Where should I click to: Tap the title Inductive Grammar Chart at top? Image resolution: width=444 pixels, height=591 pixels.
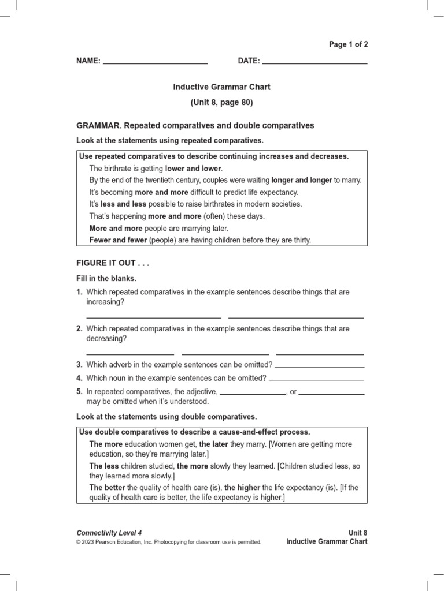click(222, 87)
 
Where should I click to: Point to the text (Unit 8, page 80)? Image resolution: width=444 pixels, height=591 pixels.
click(222, 103)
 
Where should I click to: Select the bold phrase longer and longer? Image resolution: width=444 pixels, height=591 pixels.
click(301, 180)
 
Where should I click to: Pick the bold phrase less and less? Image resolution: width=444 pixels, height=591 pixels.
click(124, 204)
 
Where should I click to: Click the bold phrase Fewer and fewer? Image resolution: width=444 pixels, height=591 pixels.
click(117, 240)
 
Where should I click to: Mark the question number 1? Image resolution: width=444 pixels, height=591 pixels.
click(80, 292)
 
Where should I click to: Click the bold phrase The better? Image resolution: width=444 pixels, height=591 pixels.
click(108, 488)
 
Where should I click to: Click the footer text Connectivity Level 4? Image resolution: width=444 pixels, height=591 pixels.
click(109, 533)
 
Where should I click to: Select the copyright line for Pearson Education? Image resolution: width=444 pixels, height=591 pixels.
click(169, 542)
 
